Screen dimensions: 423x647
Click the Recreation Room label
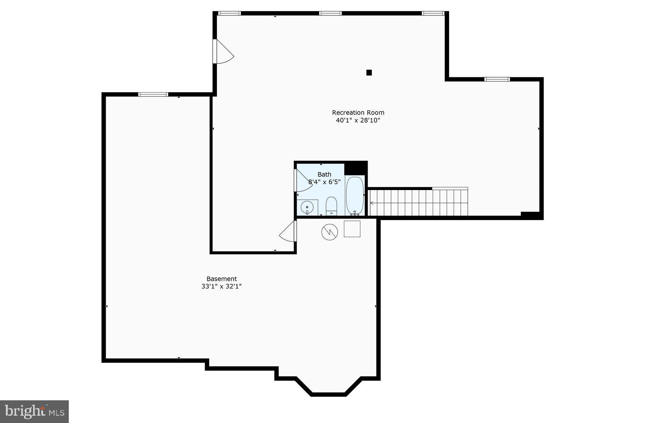(x=358, y=112)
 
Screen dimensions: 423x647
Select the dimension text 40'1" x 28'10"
(x=358, y=121)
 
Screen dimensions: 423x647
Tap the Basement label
(x=222, y=279)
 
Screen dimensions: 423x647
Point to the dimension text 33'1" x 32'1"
(x=222, y=286)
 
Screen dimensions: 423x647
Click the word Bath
(x=324, y=174)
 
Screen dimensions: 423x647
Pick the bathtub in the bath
(x=355, y=196)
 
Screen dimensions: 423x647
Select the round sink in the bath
(x=307, y=207)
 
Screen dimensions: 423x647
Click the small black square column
(x=369, y=73)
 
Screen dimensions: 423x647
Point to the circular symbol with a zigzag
(x=330, y=232)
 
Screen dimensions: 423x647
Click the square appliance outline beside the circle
(x=352, y=229)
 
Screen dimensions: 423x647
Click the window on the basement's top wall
(x=153, y=94)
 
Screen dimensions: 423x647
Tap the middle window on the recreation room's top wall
(x=330, y=13)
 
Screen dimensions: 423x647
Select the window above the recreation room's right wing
(x=497, y=79)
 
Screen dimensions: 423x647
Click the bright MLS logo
(x=34, y=411)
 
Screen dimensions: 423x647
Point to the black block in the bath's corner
(x=356, y=168)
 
